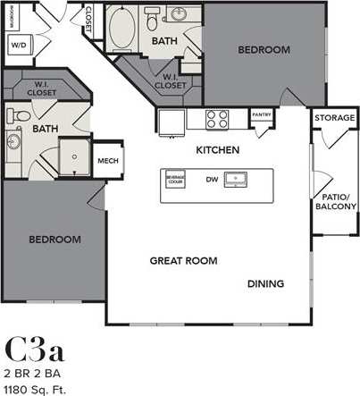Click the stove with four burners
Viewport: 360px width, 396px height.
(217, 119)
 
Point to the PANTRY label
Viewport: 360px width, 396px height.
(262, 114)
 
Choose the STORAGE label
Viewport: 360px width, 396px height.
(335, 117)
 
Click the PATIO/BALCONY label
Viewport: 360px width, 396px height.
(336, 201)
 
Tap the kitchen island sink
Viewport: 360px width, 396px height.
(237, 179)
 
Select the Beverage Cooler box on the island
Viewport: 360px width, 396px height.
(174, 179)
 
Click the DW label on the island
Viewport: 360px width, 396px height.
(212, 180)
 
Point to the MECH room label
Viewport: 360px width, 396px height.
(108, 161)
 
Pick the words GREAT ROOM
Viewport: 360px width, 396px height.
(182, 260)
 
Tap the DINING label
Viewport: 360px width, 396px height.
(265, 284)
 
